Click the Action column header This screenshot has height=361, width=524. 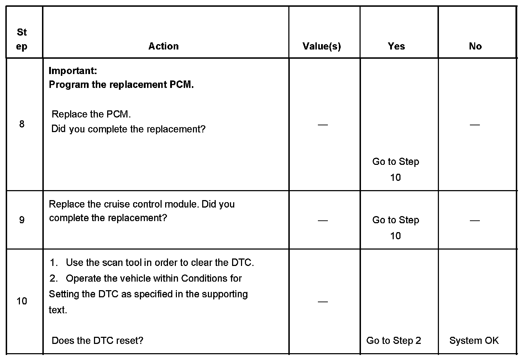(x=163, y=46)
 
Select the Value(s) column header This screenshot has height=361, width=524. (x=321, y=46)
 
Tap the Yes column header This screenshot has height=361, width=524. (x=396, y=46)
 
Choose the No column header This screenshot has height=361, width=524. (x=475, y=46)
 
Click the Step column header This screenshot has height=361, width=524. (x=22, y=39)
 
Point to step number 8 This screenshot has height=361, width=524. (x=22, y=124)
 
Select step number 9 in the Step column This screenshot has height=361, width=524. (x=22, y=220)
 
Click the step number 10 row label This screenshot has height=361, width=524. (x=22, y=301)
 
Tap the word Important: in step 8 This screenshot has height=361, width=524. (x=73, y=70)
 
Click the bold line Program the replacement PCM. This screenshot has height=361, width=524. (x=121, y=85)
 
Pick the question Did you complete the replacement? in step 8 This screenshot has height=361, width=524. (x=129, y=129)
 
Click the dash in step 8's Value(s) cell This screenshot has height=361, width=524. (x=323, y=125)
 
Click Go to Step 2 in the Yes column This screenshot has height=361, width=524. (x=393, y=341)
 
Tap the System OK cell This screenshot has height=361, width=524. (x=474, y=341)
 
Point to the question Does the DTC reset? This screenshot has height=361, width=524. (x=97, y=341)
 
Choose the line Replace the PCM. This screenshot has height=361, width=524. (x=91, y=114)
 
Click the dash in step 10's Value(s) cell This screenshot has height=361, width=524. (x=323, y=302)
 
